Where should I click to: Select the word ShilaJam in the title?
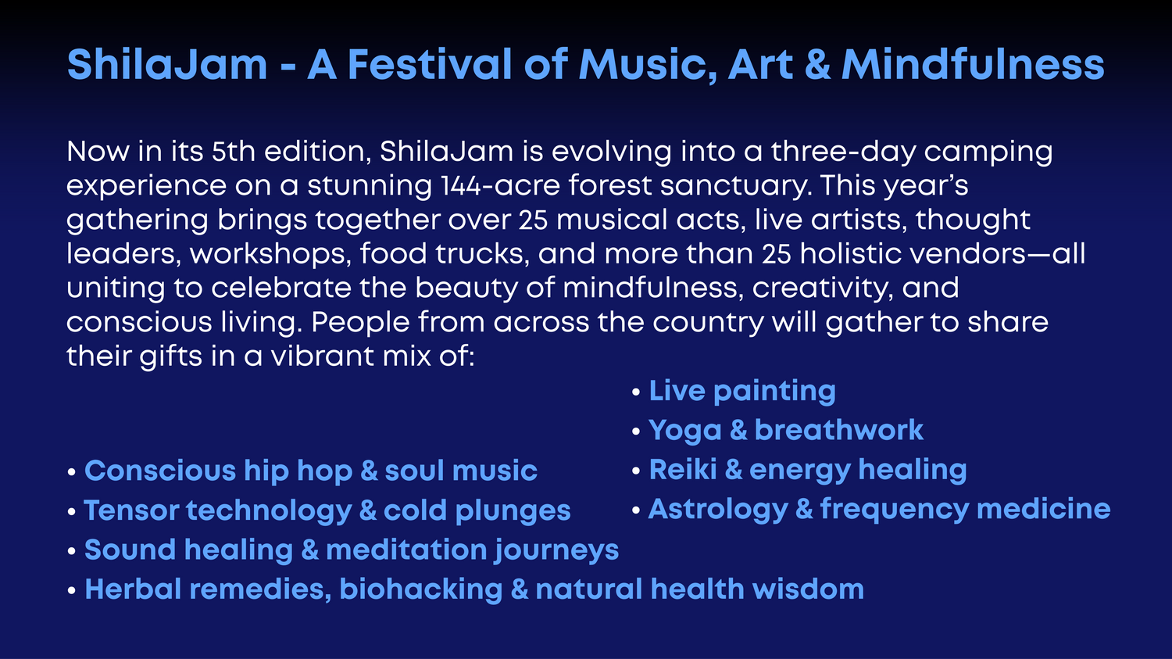pyautogui.click(x=167, y=64)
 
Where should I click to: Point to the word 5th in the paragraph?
pyautogui.click(x=234, y=152)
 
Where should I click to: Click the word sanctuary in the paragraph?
pyautogui.click(x=736, y=187)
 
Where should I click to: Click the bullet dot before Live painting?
pyautogui.click(x=636, y=392)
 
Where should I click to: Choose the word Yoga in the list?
pyautogui.click(x=685, y=432)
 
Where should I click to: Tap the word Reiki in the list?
pyautogui.click(x=683, y=469)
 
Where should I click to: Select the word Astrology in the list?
pyautogui.click(x=718, y=510)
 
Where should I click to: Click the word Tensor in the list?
pyautogui.click(x=131, y=510)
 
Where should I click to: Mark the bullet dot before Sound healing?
pyautogui.click(x=72, y=551)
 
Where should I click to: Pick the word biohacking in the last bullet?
pyautogui.click(x=421, y=590)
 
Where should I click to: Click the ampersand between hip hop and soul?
pyautogui.click(x=369, y=471)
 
